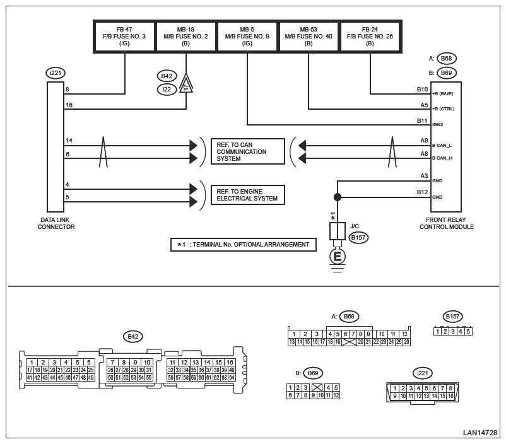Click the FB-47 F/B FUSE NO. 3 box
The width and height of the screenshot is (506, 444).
[124, 37]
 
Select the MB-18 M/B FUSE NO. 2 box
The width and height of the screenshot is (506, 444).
[186, 37]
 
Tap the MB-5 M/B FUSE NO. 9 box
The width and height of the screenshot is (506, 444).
[247, 37]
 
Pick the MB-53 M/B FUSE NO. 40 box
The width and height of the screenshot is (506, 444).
[309, 37]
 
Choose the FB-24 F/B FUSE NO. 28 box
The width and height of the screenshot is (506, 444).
[370, 37]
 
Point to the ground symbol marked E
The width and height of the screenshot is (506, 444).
[338, 257]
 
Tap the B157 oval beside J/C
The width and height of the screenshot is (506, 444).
[358, 238]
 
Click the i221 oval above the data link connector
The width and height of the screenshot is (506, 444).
[56, 73]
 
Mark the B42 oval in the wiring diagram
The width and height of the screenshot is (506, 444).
[167, 76]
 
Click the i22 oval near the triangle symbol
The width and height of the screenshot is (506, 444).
[167, 90]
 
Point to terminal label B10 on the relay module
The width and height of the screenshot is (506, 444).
[422, 90]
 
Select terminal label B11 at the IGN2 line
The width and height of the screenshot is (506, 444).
[422, 120]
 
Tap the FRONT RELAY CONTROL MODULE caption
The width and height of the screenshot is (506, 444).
[446, 223]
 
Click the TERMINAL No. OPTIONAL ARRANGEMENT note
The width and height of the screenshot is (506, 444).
[242, 244]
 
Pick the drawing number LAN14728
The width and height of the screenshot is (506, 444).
[480, 433]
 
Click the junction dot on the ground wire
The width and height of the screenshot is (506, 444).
[338, 197]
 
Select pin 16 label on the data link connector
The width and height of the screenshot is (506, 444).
[68, 105]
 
